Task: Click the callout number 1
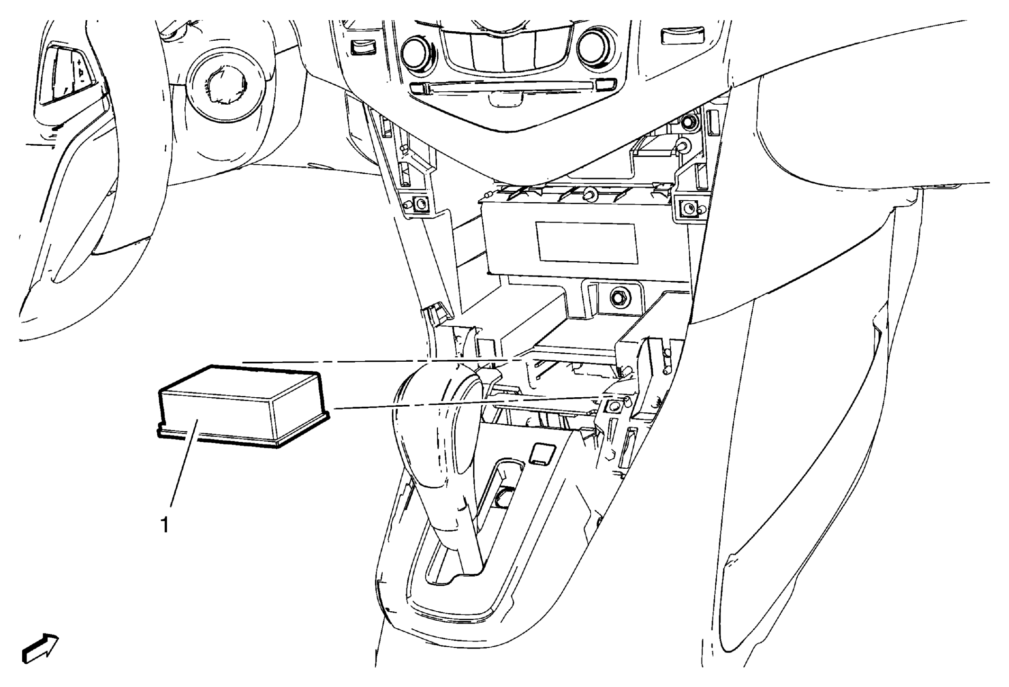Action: coord(164,525)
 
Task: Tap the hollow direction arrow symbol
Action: coord(40,648)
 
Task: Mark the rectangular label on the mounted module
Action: coord(586,241)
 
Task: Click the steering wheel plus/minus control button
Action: coord(81,71)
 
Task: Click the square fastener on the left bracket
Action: coord(420,205)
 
